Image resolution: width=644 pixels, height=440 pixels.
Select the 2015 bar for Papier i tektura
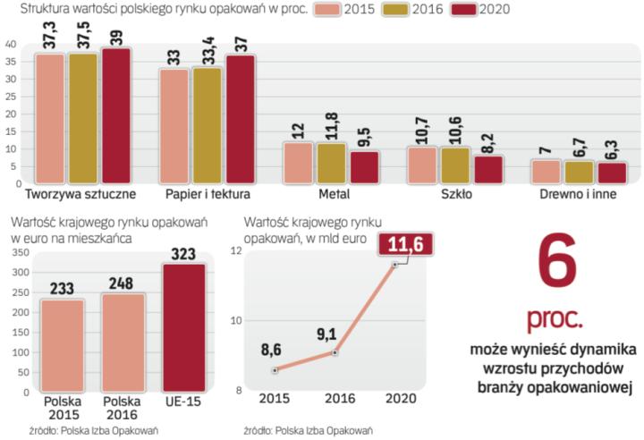tap(175, 125)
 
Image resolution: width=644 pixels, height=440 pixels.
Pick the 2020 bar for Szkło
tap(489, 169)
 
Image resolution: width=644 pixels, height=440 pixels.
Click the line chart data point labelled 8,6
tap(275, 370)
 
